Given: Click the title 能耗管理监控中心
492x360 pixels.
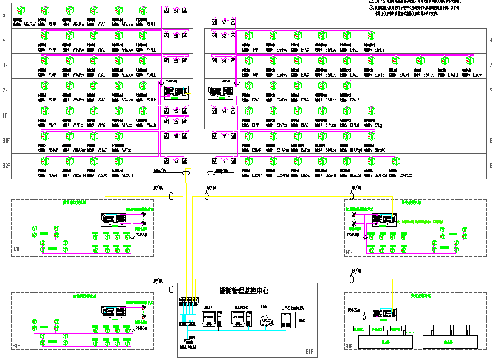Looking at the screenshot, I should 243,291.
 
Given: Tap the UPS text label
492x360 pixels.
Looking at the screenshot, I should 286,307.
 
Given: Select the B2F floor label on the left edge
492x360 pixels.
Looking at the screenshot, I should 6,166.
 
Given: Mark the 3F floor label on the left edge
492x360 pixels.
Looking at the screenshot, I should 6,65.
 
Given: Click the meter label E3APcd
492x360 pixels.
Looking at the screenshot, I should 477,74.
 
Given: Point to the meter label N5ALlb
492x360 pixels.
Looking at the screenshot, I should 151,25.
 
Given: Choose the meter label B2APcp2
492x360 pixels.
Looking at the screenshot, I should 406,175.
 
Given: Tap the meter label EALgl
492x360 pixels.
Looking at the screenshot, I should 378,125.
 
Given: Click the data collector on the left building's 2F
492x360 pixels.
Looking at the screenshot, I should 175,91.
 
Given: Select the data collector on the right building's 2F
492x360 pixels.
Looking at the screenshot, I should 221,91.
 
